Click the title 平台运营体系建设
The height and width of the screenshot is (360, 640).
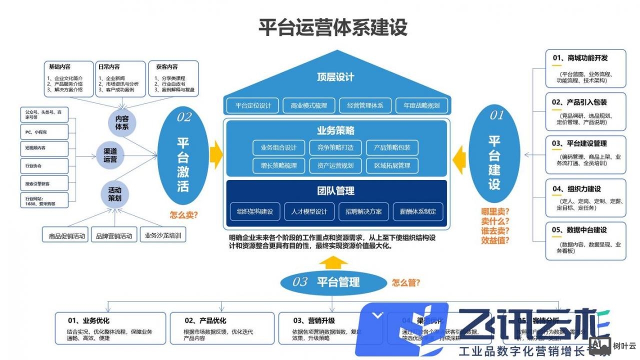(x=333, y=27)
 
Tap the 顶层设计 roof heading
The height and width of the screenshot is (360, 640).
(x=335, y=77)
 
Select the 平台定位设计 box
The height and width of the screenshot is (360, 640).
(x=253, y=105)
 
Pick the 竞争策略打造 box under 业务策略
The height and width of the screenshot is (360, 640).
(x=335, y=147)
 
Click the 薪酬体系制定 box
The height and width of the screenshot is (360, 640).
(x=417, y=211)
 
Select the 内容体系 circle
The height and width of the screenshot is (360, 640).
(x=122, y=123)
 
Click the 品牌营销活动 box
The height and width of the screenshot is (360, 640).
(x=114, y=235)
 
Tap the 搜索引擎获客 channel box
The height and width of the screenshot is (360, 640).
(x=44, y=183)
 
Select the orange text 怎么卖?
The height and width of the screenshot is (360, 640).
(x=184, y=215)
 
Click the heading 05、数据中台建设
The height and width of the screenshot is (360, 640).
(x=579, y=230)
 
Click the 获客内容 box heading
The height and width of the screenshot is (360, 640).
(x=167, y=66)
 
